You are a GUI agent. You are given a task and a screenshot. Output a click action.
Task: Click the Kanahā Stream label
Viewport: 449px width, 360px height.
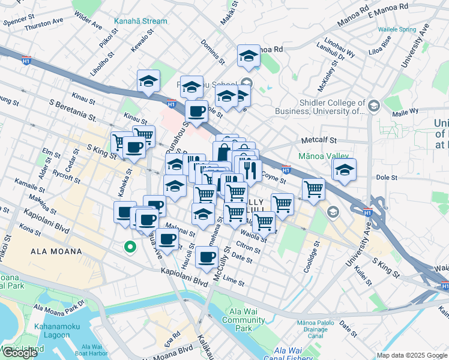click(x=140, y=21)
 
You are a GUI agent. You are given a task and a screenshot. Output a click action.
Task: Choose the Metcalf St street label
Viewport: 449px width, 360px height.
click(x=317, y=141)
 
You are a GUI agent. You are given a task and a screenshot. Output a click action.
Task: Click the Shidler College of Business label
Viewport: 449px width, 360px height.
click(x=320, y=106)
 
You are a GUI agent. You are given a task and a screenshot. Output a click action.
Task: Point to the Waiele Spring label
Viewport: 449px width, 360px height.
click(x=396, y=29)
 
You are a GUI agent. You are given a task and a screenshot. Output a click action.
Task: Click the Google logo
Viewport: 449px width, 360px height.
click(x=20, y=353)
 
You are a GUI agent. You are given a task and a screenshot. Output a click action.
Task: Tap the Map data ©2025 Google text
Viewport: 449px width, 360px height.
click(x=412, y=355)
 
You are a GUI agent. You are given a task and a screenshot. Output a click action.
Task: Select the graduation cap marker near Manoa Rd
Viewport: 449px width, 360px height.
click(x=248, y=56)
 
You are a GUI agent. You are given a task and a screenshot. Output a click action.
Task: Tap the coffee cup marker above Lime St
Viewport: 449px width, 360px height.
click(x=207, y=257)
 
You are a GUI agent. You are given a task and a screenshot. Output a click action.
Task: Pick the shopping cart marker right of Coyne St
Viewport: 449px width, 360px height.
click(x=313, y=190)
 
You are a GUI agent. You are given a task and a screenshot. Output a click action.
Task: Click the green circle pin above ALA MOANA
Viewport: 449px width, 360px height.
click(x=129, y=246)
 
